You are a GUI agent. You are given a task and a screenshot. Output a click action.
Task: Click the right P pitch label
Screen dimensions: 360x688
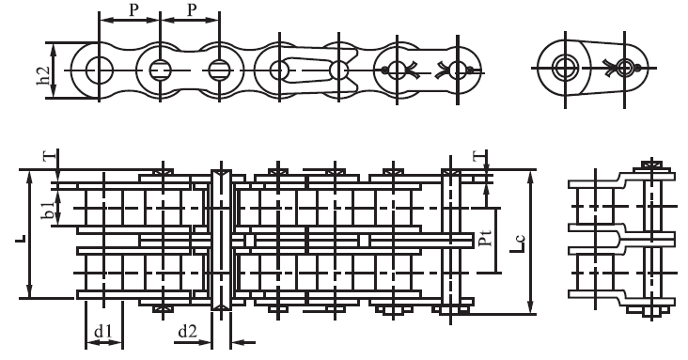pos(192,10)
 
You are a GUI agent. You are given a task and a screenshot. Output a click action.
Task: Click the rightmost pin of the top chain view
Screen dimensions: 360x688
pos(458,69)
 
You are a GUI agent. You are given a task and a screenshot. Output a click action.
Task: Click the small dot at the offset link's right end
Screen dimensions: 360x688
pos(636,69)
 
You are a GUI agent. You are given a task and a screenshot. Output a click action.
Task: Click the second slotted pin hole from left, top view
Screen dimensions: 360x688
pos(220,69)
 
